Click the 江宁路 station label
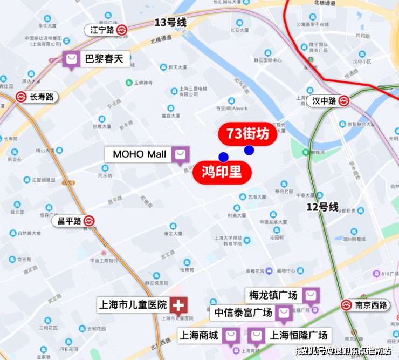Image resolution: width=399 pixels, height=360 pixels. [101, 30]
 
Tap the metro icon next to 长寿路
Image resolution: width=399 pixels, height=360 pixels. [21, 97]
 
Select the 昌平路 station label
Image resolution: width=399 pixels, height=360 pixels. [70, 221]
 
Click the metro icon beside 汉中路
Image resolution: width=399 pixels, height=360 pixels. [344, 101]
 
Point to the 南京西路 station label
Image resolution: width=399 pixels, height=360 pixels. [371, 305]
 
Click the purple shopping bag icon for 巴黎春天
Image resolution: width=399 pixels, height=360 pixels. [71, 59]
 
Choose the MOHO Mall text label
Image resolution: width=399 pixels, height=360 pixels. [140, 154]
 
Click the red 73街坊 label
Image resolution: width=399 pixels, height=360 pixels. [247, 134]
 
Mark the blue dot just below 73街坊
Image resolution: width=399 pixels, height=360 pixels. [249, 150]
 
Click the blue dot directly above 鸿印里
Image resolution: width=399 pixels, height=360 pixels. [223, 157]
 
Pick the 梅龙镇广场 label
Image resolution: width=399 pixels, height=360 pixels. [273, 296]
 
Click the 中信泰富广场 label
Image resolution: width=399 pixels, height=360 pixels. [243, 313]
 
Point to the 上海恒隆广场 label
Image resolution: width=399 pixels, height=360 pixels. [299, 335]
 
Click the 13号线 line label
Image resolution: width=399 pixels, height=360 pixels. [170, 23]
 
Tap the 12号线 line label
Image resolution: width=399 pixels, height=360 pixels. [322, 207]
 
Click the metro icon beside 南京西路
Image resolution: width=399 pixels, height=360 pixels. [346, 305]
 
